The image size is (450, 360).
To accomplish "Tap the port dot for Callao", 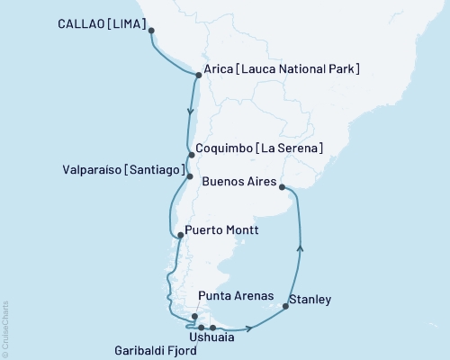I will click(151, 31).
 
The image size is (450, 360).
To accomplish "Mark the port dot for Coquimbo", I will click(192, 154).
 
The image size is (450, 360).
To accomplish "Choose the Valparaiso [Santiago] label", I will click(125, 169).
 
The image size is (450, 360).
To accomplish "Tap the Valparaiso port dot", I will click(189, 176).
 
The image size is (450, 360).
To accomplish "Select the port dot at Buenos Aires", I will click(283, 187).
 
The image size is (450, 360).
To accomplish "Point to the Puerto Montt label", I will click(221, 229).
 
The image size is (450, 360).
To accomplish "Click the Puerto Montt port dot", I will click(181, 236).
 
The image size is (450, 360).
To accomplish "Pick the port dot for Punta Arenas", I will click(194, 316).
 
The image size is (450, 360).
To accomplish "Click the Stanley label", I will click(310, 299).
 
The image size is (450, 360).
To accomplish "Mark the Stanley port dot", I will click(285, 307).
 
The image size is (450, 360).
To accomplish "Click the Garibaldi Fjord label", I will click(157, 349).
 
